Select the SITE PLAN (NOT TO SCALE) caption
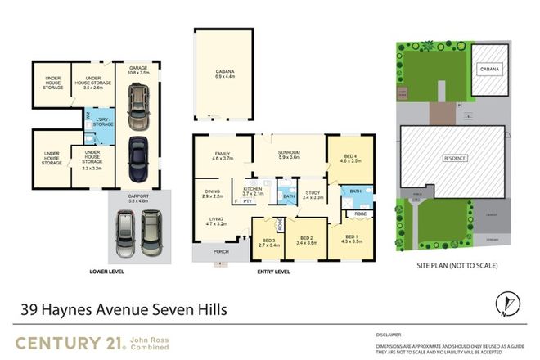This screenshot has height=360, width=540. [457, 266]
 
